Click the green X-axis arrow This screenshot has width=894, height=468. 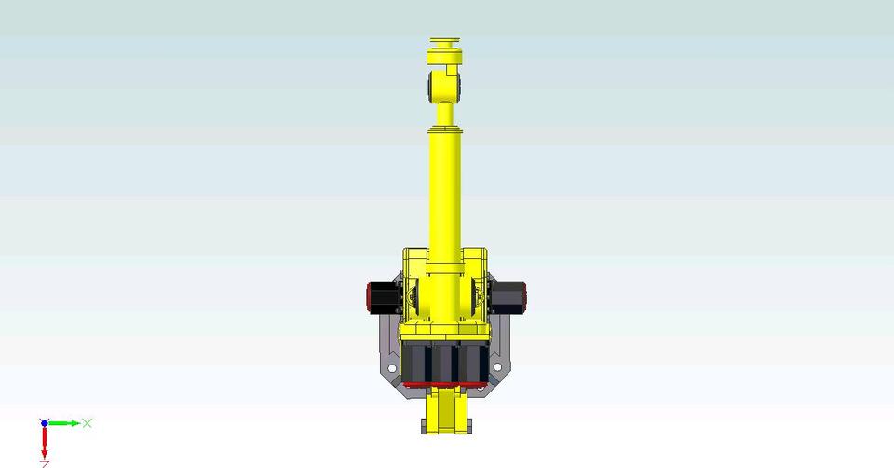click(x=65, y=423)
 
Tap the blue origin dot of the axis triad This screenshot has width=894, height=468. click(x=44, y=423)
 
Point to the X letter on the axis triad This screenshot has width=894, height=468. click(x=88, y=423)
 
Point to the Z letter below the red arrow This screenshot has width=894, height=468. click(x=44, y=463)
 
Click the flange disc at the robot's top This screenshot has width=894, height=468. click(x=445, y=44)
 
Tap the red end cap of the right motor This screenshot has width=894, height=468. click(x=526, y=296)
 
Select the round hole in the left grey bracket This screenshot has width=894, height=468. click(x=395, y=369)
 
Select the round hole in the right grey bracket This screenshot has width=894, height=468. click(x=496, y=369)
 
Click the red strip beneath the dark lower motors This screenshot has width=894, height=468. click(x=445, y=383)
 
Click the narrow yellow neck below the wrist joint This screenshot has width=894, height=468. click(x=445, y=113)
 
